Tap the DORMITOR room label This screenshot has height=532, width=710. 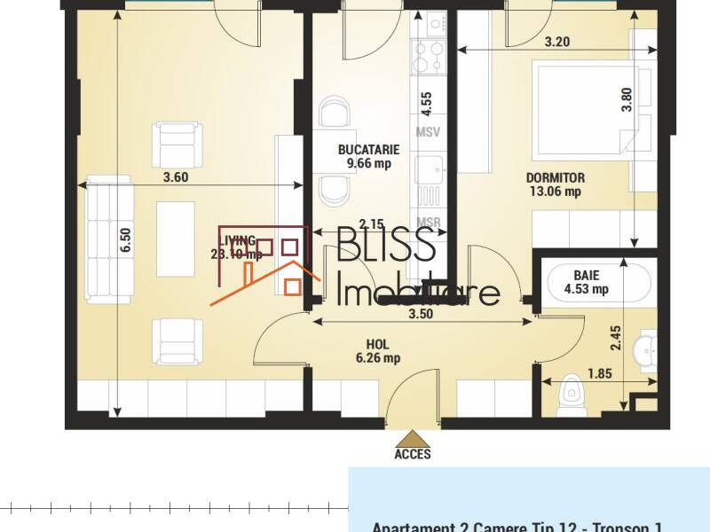click(555, 177)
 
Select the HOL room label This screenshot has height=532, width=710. click(378, 343)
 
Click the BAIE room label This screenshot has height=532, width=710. click(586, 275)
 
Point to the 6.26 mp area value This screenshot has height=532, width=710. click(378, 358)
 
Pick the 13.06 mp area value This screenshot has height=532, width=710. click(555, 191)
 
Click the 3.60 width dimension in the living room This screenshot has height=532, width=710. click(176, 176)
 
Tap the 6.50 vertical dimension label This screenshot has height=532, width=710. click(125, 241)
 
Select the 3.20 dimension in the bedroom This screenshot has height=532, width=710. click(556, 41)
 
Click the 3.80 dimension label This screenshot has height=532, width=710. click(627, 98)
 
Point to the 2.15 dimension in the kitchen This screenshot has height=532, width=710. click(372, 223)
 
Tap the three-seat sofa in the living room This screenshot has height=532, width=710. click(108, 239)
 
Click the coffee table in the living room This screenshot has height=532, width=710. click(176, 238)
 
